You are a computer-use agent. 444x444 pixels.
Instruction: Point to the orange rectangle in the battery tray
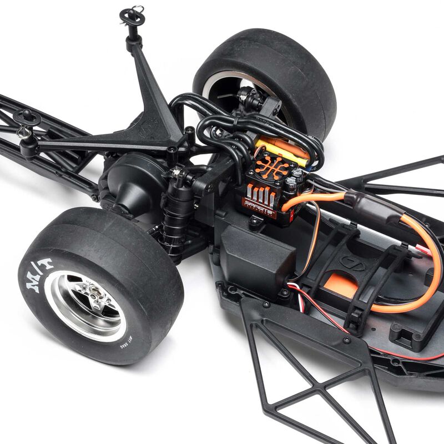pos(341,283)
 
